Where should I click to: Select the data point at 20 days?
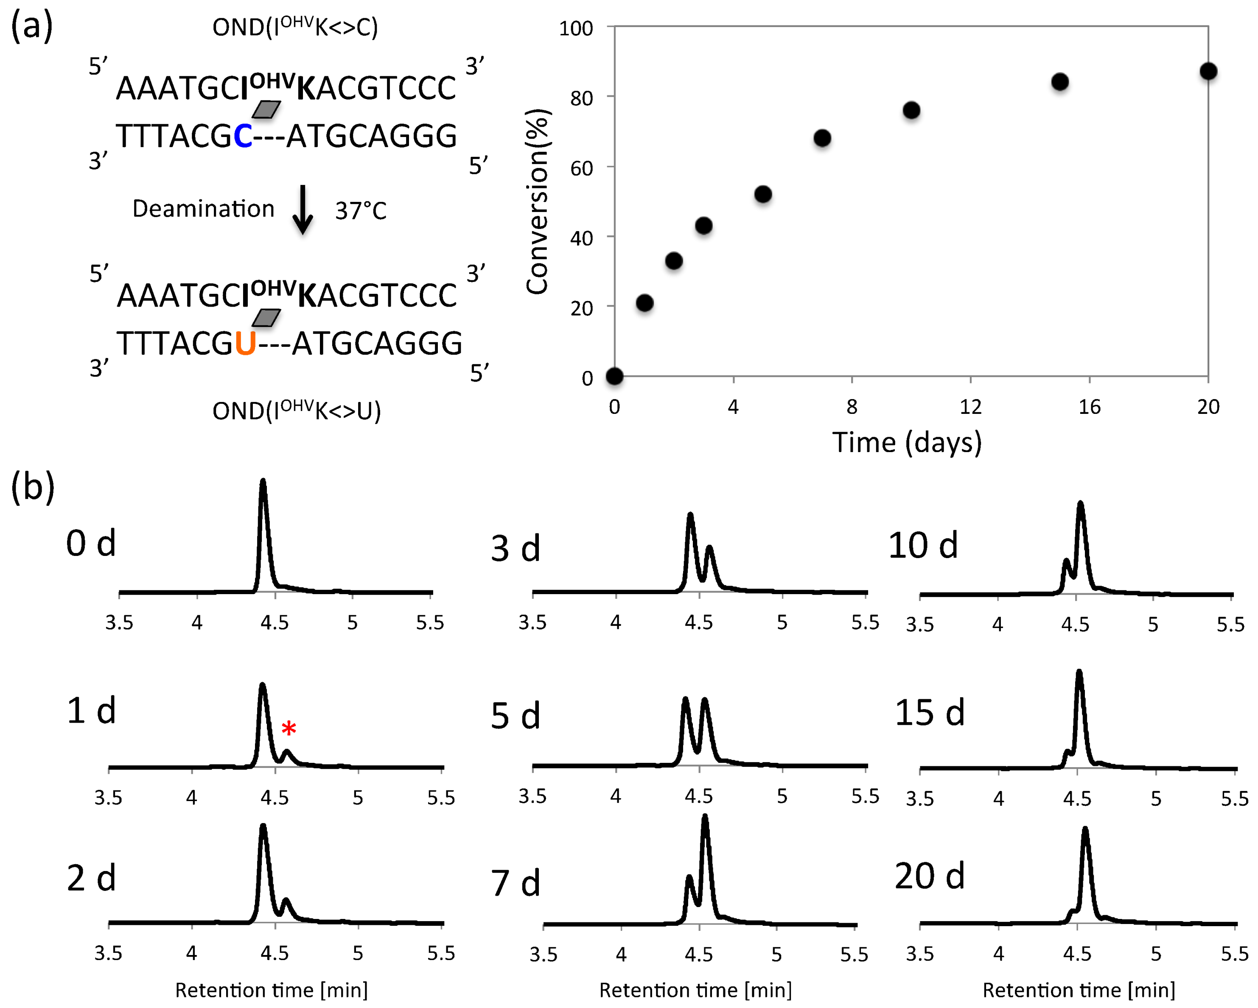(x=1208, y=71)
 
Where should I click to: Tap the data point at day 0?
(x=614, y=376)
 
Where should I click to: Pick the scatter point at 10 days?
(x=911, y=110)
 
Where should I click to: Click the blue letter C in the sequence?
(x=243, y=137)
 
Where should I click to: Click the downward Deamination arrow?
(x=302, y=210)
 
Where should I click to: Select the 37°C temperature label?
(x=361, y=211)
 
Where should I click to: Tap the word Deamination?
(x=203, y=209)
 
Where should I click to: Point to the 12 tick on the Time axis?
(x=971, y=407)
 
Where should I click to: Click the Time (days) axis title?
(x=907, y=442)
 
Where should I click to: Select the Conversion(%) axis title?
(x=537, y=201)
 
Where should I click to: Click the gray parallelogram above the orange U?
(x=266, y=318)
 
